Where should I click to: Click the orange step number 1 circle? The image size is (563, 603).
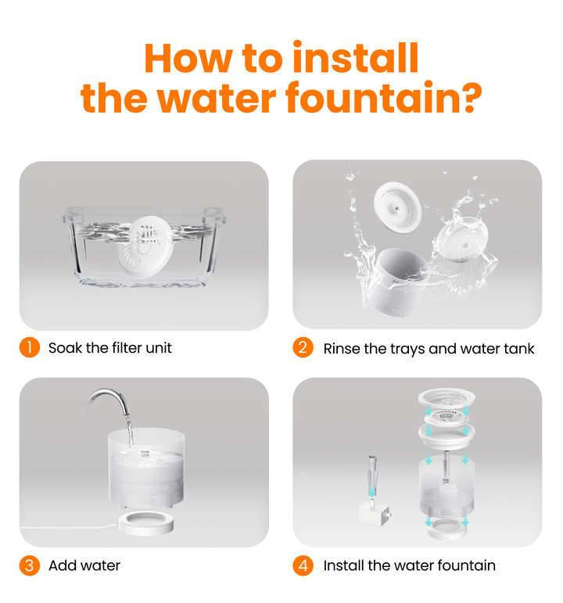click(29, 347)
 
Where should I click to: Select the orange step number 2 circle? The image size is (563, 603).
click(303, 347)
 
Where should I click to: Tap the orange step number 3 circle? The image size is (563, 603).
click(29, 565)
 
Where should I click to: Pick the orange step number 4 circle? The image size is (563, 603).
click(303, 565)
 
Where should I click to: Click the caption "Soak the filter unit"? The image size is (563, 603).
click(109, 348)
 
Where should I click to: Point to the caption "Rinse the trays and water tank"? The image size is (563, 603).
click(429, 348)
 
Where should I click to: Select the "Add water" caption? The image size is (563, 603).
click(84, 565)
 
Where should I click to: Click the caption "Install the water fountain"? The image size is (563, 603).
click(409, 565)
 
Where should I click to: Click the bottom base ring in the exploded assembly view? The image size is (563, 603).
click(445, 527)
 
